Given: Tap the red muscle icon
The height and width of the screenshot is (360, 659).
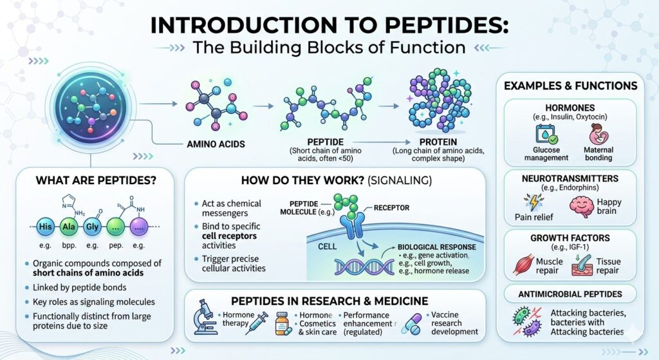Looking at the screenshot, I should (x=526, y=263).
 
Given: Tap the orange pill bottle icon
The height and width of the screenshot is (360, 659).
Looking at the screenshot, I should (x=281, y=322).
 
